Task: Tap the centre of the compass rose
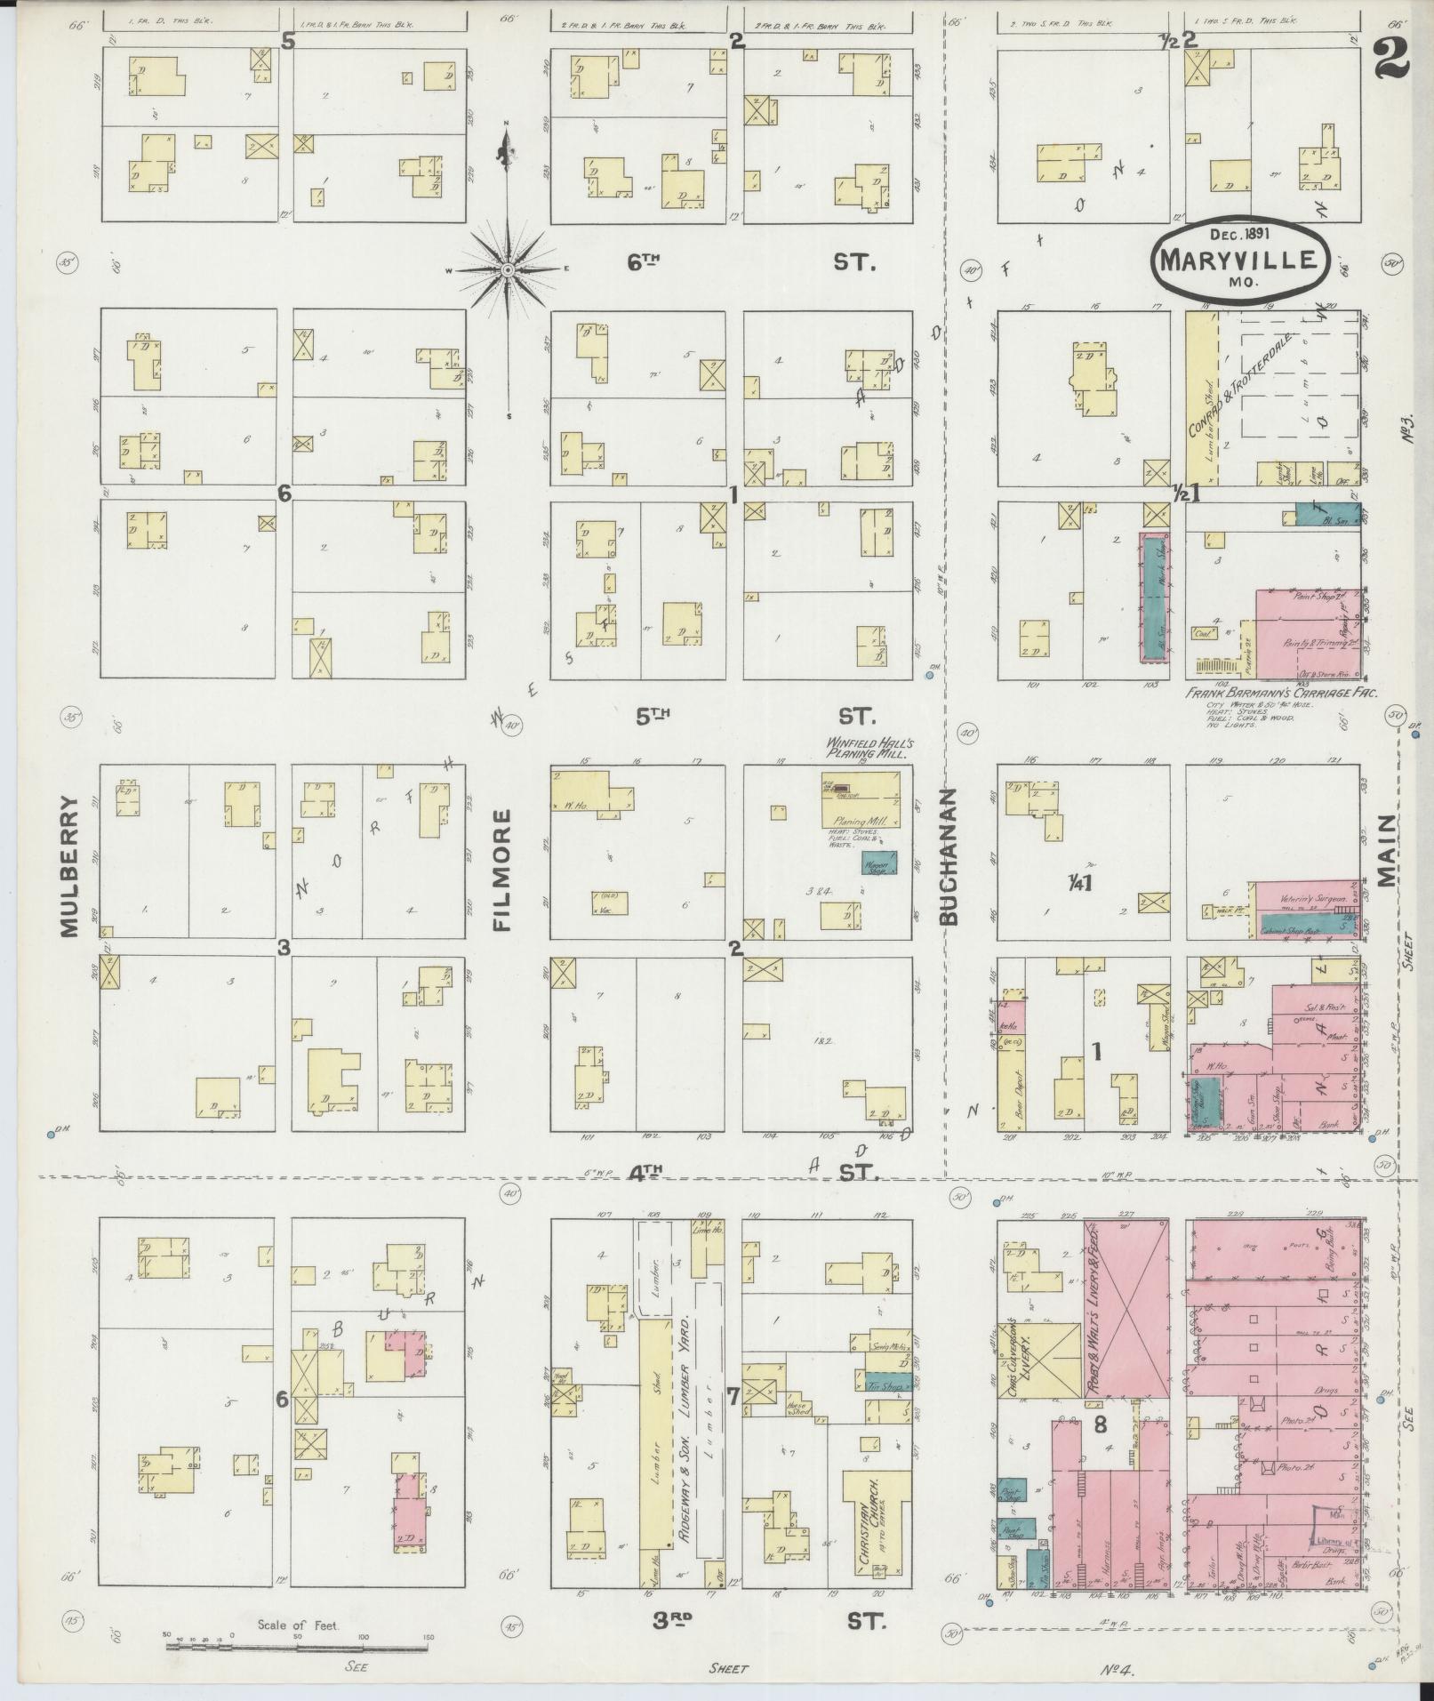coord(507,269)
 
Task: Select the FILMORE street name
coord(503,869)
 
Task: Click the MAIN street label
coord(1386,852)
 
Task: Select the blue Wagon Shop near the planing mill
coord(878,861)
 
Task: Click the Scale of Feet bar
coord(298,1646)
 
